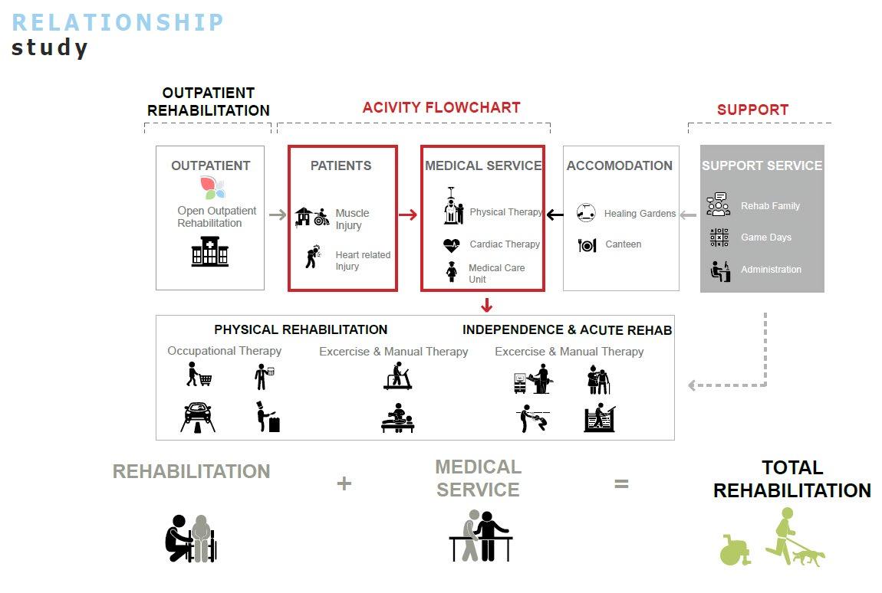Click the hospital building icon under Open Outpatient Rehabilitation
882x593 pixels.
[x=209, y=251]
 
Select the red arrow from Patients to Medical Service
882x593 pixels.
[x=408, y=215]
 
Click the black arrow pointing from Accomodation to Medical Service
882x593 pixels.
[x=554, y=215]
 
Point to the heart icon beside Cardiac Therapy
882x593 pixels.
[x=452, y=245]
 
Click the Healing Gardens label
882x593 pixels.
[x=640, y=214]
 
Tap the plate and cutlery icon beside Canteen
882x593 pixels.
[x=587, y=245]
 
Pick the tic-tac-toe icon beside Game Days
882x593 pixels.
[x=719, y=238]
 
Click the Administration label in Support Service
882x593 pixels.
[x=771, y=270]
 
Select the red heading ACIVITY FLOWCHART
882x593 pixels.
[x=441, y=108]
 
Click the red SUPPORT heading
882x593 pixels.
[x=752, y=110]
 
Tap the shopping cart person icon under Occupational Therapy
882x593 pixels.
[x=199, y=375]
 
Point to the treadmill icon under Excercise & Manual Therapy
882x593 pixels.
[x=397, y=375]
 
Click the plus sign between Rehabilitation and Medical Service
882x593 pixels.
[x=344, y=483]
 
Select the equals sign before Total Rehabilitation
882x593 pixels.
[x=621, y=483]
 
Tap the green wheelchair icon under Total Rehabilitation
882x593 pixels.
[x=736, y=549]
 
